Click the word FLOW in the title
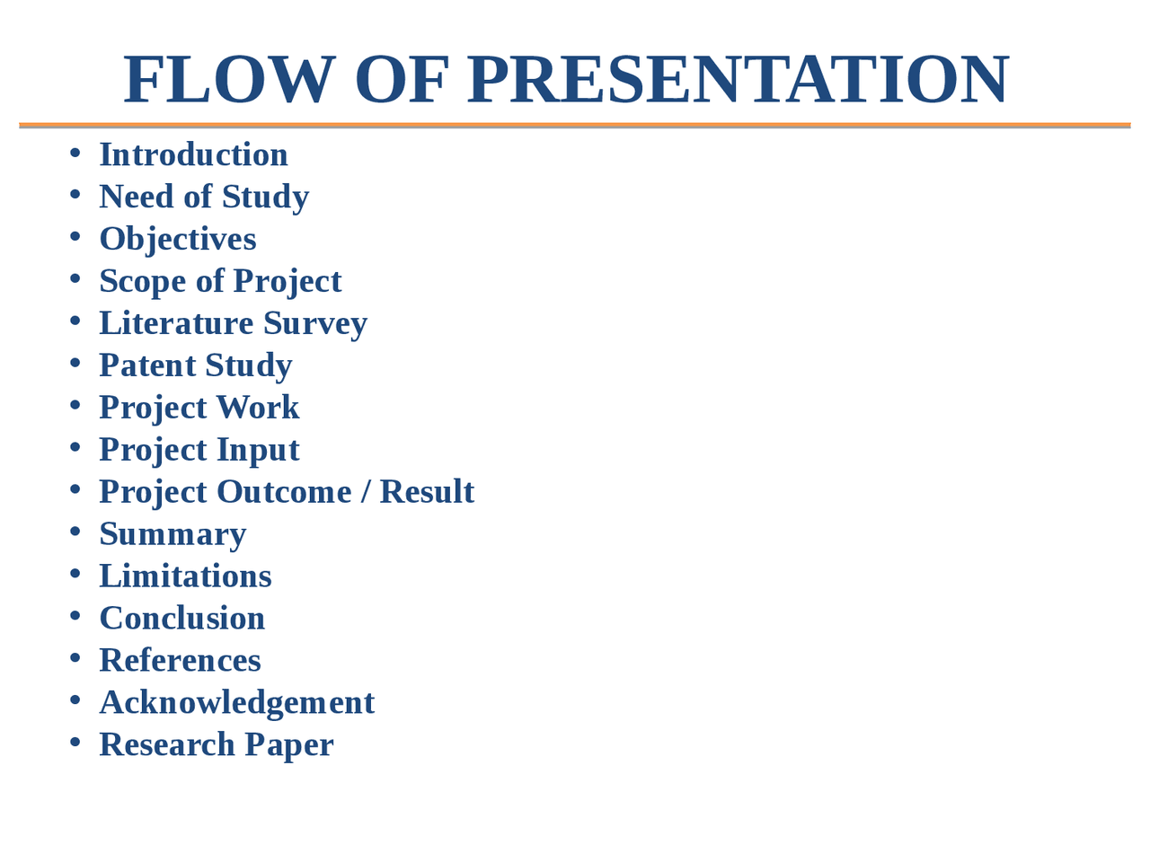(229, 80)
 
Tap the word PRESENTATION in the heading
(738, 80)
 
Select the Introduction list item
(193, 154)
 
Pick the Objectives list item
(178, 239)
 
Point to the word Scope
(143, 281)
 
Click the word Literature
(176, 323)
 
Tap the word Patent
(147, 365)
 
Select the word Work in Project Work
(257, 408)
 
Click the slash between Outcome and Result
(366, 492)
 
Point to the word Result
(427, 492)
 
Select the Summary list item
(172, 534)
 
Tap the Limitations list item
(185, 576)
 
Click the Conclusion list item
(182, 619)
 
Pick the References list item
(180, 661)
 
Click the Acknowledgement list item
(236, 703)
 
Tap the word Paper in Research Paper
(288, 745)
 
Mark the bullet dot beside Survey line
(75, 321)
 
